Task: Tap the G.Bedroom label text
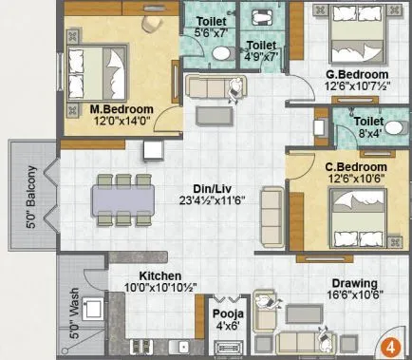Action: pos(356,74)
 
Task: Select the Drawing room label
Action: pos(353,284)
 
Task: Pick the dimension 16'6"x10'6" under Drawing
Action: pos(353,296)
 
